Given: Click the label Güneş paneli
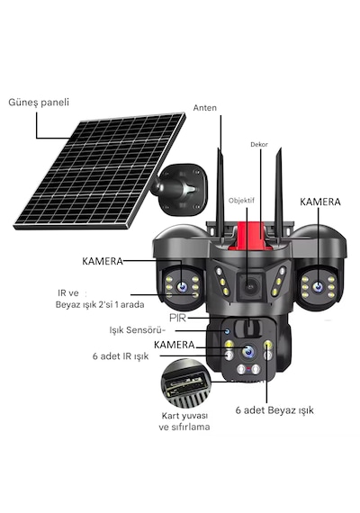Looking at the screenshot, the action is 39,103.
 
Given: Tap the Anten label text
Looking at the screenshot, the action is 205,108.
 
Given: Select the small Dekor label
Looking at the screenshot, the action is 259,144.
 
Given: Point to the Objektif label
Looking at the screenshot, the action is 241,201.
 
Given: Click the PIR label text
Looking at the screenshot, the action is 177,318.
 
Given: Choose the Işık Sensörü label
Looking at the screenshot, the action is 137,330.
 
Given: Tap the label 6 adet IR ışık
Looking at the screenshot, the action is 121,356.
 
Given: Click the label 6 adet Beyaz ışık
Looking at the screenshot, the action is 274,410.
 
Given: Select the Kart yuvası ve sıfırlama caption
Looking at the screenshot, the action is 184,421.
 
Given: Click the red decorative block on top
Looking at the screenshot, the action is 250,236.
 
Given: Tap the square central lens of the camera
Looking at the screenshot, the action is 249,287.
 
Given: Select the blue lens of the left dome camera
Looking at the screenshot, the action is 182,287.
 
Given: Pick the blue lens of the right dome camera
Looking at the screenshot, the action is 318,287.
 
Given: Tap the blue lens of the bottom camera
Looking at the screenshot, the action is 248,351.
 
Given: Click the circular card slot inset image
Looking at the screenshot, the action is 186,383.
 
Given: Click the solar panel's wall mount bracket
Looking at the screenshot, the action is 180,189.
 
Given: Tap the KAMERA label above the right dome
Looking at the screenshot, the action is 320,202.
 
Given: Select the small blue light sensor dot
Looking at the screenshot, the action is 227,332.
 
